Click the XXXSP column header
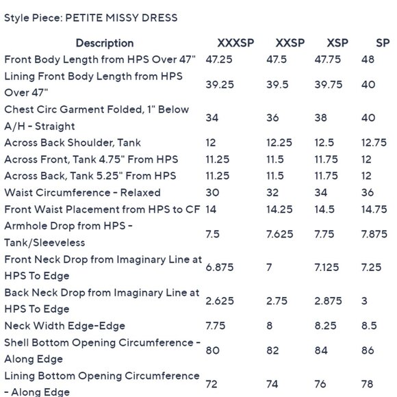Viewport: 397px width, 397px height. [x=235, y=43]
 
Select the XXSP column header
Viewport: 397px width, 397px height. [x=290, y=43]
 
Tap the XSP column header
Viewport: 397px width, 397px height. [x=337, y=43]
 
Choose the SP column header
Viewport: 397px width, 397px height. [x=383, y=43]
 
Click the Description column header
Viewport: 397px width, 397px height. [x=105, y=43]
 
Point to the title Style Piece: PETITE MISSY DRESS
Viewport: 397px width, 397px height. [x=91, y=18]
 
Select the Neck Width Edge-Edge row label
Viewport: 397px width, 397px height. [x=65, y=326]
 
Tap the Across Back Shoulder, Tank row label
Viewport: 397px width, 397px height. [x=73, y=142]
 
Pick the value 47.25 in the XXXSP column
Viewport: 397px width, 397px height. [x=219, y=60]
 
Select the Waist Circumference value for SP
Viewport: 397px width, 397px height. [x=368, y=192]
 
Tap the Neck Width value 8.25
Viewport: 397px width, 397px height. [x=326, y=326]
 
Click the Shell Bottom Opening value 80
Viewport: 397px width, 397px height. [x=212, y=350]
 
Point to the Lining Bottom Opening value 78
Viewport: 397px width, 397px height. [x=368, y=384]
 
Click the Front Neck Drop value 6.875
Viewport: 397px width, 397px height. [x=220, y=267]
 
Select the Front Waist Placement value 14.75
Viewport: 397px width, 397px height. [x=374, y=209]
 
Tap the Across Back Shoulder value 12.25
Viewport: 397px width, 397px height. [x=279, y=142]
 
